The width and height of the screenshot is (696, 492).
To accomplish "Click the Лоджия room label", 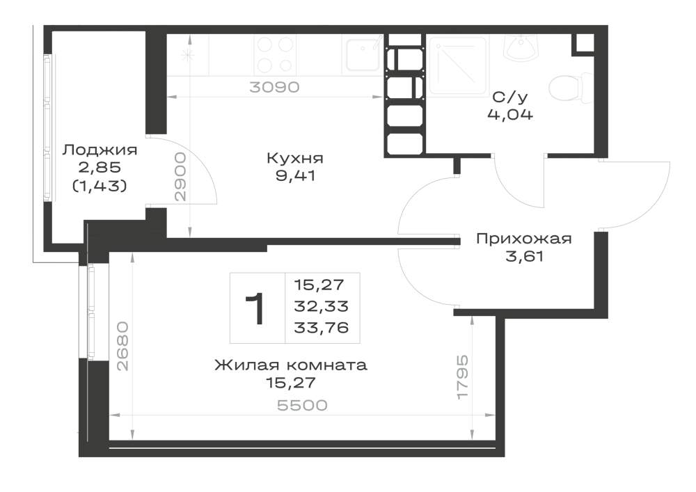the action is tap(100, 150).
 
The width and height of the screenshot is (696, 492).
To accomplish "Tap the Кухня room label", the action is tap(295, 158).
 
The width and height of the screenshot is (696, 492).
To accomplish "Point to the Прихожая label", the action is tap(524, 239).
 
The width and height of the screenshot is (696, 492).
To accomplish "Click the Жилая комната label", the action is tap(291, 365).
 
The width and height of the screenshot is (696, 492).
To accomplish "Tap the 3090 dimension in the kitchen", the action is tap(274, 87).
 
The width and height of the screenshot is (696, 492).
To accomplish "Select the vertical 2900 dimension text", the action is tap(180, 177).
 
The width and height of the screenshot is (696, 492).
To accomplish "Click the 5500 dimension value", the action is tap(302, 405).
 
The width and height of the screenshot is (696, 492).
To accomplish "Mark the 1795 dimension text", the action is tap(463, 377).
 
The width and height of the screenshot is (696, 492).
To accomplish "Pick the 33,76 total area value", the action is tap(322, 328).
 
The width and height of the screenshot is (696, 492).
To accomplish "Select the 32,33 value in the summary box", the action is tap(322, 306).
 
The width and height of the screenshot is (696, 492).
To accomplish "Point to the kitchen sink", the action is tap(363, 54).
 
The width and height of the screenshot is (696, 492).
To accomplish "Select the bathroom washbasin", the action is tap(521, 46).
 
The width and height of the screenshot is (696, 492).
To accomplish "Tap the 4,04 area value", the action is tap(510, 115).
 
